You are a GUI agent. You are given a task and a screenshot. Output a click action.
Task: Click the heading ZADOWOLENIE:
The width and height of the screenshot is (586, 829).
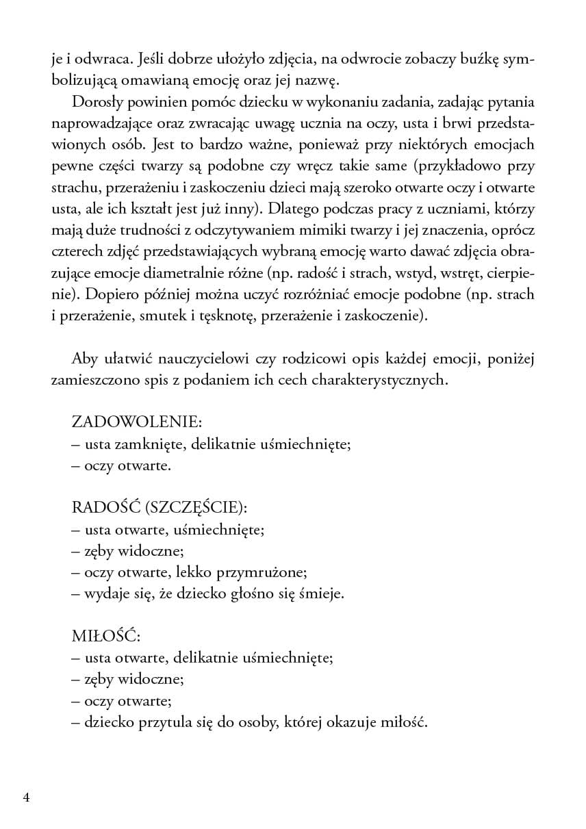(x=136, y=421)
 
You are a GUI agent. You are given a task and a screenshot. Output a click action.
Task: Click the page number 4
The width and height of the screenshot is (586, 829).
(x=26, y=798)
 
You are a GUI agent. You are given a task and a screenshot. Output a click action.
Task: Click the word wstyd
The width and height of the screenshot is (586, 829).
(x=451, y=274)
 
